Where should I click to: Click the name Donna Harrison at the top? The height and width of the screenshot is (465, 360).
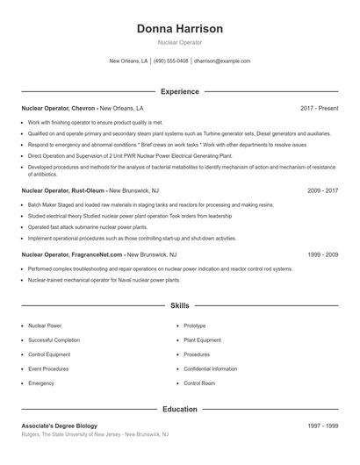pos(179,29)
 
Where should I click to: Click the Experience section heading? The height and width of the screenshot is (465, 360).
pos(179,91)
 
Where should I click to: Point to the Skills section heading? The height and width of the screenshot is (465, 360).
pos(179,306)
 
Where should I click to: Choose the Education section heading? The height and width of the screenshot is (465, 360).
pos(179,409)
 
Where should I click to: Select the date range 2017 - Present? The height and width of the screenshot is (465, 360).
pos(319,108)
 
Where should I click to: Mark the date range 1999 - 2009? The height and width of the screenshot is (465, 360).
pos(322,254)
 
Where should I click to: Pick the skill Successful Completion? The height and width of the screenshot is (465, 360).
pos(54,340)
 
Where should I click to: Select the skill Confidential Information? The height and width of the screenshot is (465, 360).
pos(211,368)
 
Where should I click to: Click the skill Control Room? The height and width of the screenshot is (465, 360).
pos(199,383)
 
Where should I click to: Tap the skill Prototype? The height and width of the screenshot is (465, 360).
pos(195,325)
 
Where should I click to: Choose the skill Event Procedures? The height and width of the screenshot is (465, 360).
pos(47,368)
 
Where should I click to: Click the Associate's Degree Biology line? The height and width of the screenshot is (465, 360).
pos(58,426)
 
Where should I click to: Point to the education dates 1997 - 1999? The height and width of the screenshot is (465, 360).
pos(322,426)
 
